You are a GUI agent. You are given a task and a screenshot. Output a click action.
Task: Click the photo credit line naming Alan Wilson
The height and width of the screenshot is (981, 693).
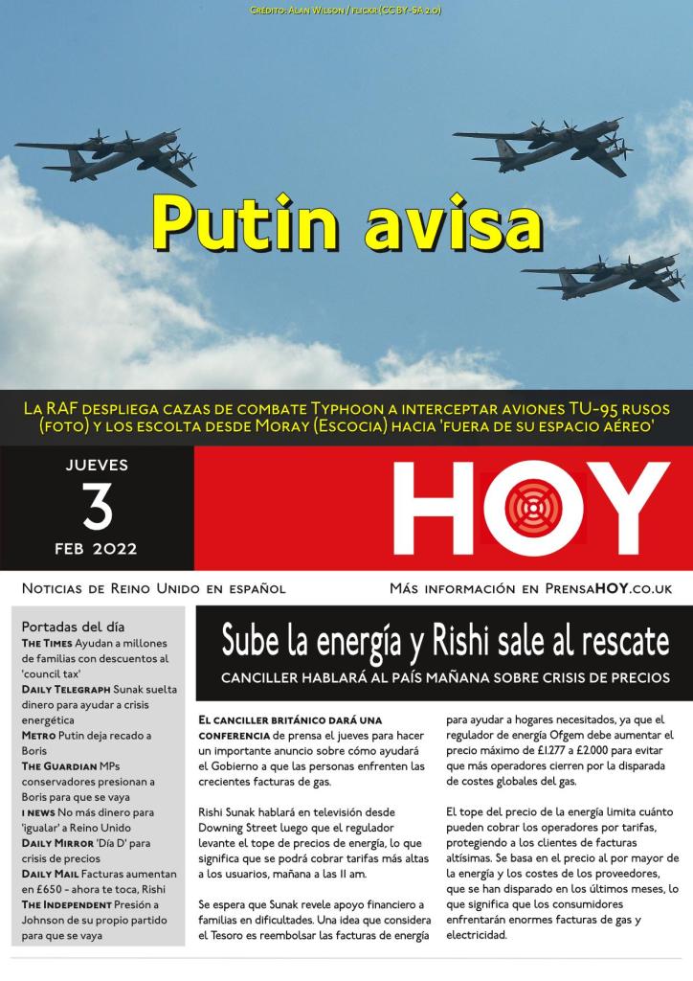346,10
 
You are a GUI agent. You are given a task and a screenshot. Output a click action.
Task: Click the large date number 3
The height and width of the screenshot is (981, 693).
97,509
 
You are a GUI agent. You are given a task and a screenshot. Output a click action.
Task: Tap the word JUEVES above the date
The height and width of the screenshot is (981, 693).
97,467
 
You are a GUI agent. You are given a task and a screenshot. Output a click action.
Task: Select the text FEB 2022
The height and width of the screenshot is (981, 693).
97,549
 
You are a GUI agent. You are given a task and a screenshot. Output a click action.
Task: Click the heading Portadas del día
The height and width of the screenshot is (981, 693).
72,627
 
